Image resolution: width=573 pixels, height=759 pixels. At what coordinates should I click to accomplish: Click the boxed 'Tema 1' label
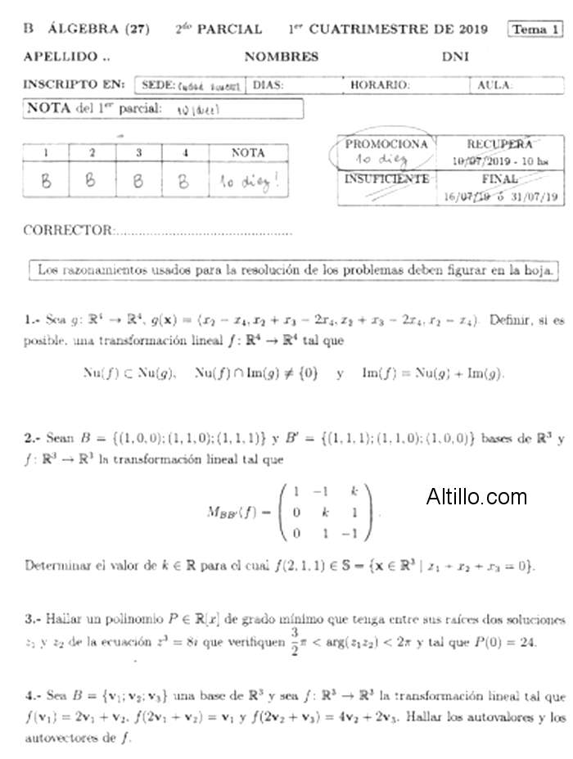(535, 29)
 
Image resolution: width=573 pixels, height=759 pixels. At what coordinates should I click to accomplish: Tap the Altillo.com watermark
(476, 496)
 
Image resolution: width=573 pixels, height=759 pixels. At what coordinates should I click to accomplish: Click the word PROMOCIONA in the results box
(386, 144)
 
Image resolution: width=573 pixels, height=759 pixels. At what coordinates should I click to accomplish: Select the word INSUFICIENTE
(386, 178)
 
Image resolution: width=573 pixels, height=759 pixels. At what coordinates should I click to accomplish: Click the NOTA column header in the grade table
(248, 152)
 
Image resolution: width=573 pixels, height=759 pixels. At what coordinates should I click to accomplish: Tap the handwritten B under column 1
(46, 181)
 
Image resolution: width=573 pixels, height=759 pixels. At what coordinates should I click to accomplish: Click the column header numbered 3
(138, 152)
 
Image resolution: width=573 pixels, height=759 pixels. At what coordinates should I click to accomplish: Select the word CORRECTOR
(67, 230)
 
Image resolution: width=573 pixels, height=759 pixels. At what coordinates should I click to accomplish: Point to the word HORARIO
(380, 84)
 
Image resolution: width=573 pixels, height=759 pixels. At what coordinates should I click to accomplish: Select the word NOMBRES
(281, 57)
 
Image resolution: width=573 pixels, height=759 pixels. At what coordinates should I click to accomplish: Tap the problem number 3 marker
(30, 620)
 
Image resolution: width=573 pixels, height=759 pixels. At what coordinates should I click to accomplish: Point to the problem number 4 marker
(30, 697)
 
